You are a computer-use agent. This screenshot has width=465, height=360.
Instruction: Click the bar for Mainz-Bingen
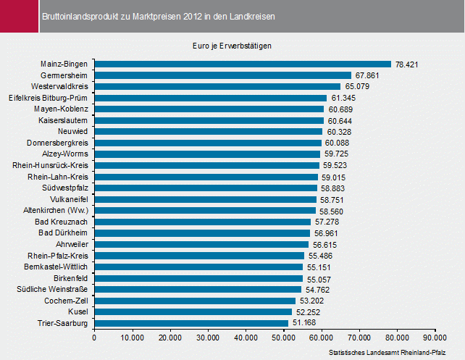[243, 64]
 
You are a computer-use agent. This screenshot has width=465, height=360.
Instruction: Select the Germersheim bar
[222, 75]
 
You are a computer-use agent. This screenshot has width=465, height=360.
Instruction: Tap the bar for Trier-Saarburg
[191, 322]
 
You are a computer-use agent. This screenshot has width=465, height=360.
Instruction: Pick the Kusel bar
[193, 311]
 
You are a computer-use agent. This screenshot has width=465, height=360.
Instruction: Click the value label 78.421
[408, 64]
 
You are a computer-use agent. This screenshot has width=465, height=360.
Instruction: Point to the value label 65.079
[377, 87]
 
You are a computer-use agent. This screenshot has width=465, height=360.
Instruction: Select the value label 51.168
[305, 323]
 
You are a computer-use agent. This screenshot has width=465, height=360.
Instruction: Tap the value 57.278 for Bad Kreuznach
[327, 222]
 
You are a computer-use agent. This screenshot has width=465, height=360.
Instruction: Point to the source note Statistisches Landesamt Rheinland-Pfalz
[387, 352]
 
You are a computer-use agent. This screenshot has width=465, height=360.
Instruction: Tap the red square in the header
[17, 15]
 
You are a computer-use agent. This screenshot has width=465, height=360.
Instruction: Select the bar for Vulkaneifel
[206, 199]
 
